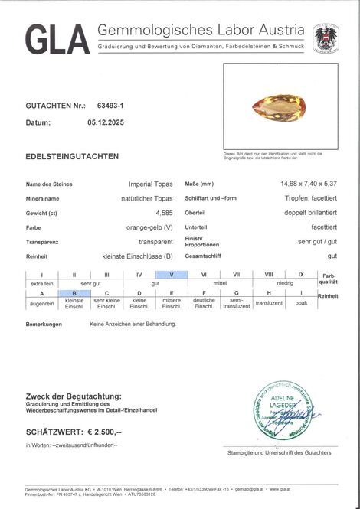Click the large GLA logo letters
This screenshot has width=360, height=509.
tap(57, 39)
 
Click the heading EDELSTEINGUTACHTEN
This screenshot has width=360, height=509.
tap(72, 156)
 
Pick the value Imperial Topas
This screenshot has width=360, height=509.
tap(151, 184)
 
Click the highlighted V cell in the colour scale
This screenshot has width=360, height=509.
tap(172, 274)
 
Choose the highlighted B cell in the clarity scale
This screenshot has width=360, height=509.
tap(75, 293)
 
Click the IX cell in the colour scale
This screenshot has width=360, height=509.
tap(301, 274)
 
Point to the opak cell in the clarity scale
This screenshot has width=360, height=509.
tap(301, 302)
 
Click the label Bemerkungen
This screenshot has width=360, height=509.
tap(45, 325)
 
